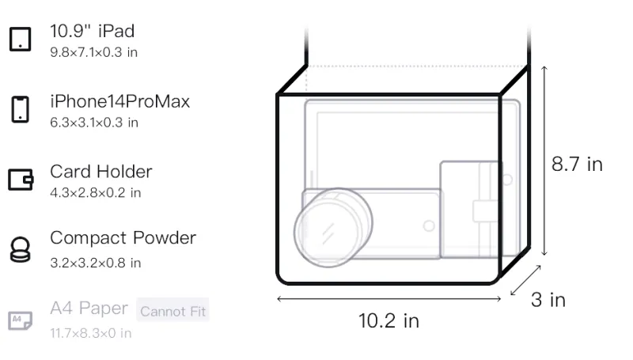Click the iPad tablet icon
[x=21, y=39]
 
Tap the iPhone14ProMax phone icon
[x=21, y=109]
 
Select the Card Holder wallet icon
[x=21, y=179]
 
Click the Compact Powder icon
[x=21, y=249]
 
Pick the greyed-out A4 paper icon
[x=21, y=320]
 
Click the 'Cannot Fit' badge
[x=172, y=311]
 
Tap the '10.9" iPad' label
[x=92, y=31]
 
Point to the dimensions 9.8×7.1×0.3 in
[x=93, y=52]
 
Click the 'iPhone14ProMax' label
[x=120, y=101]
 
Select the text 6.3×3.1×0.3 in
[x=94, y=123]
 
